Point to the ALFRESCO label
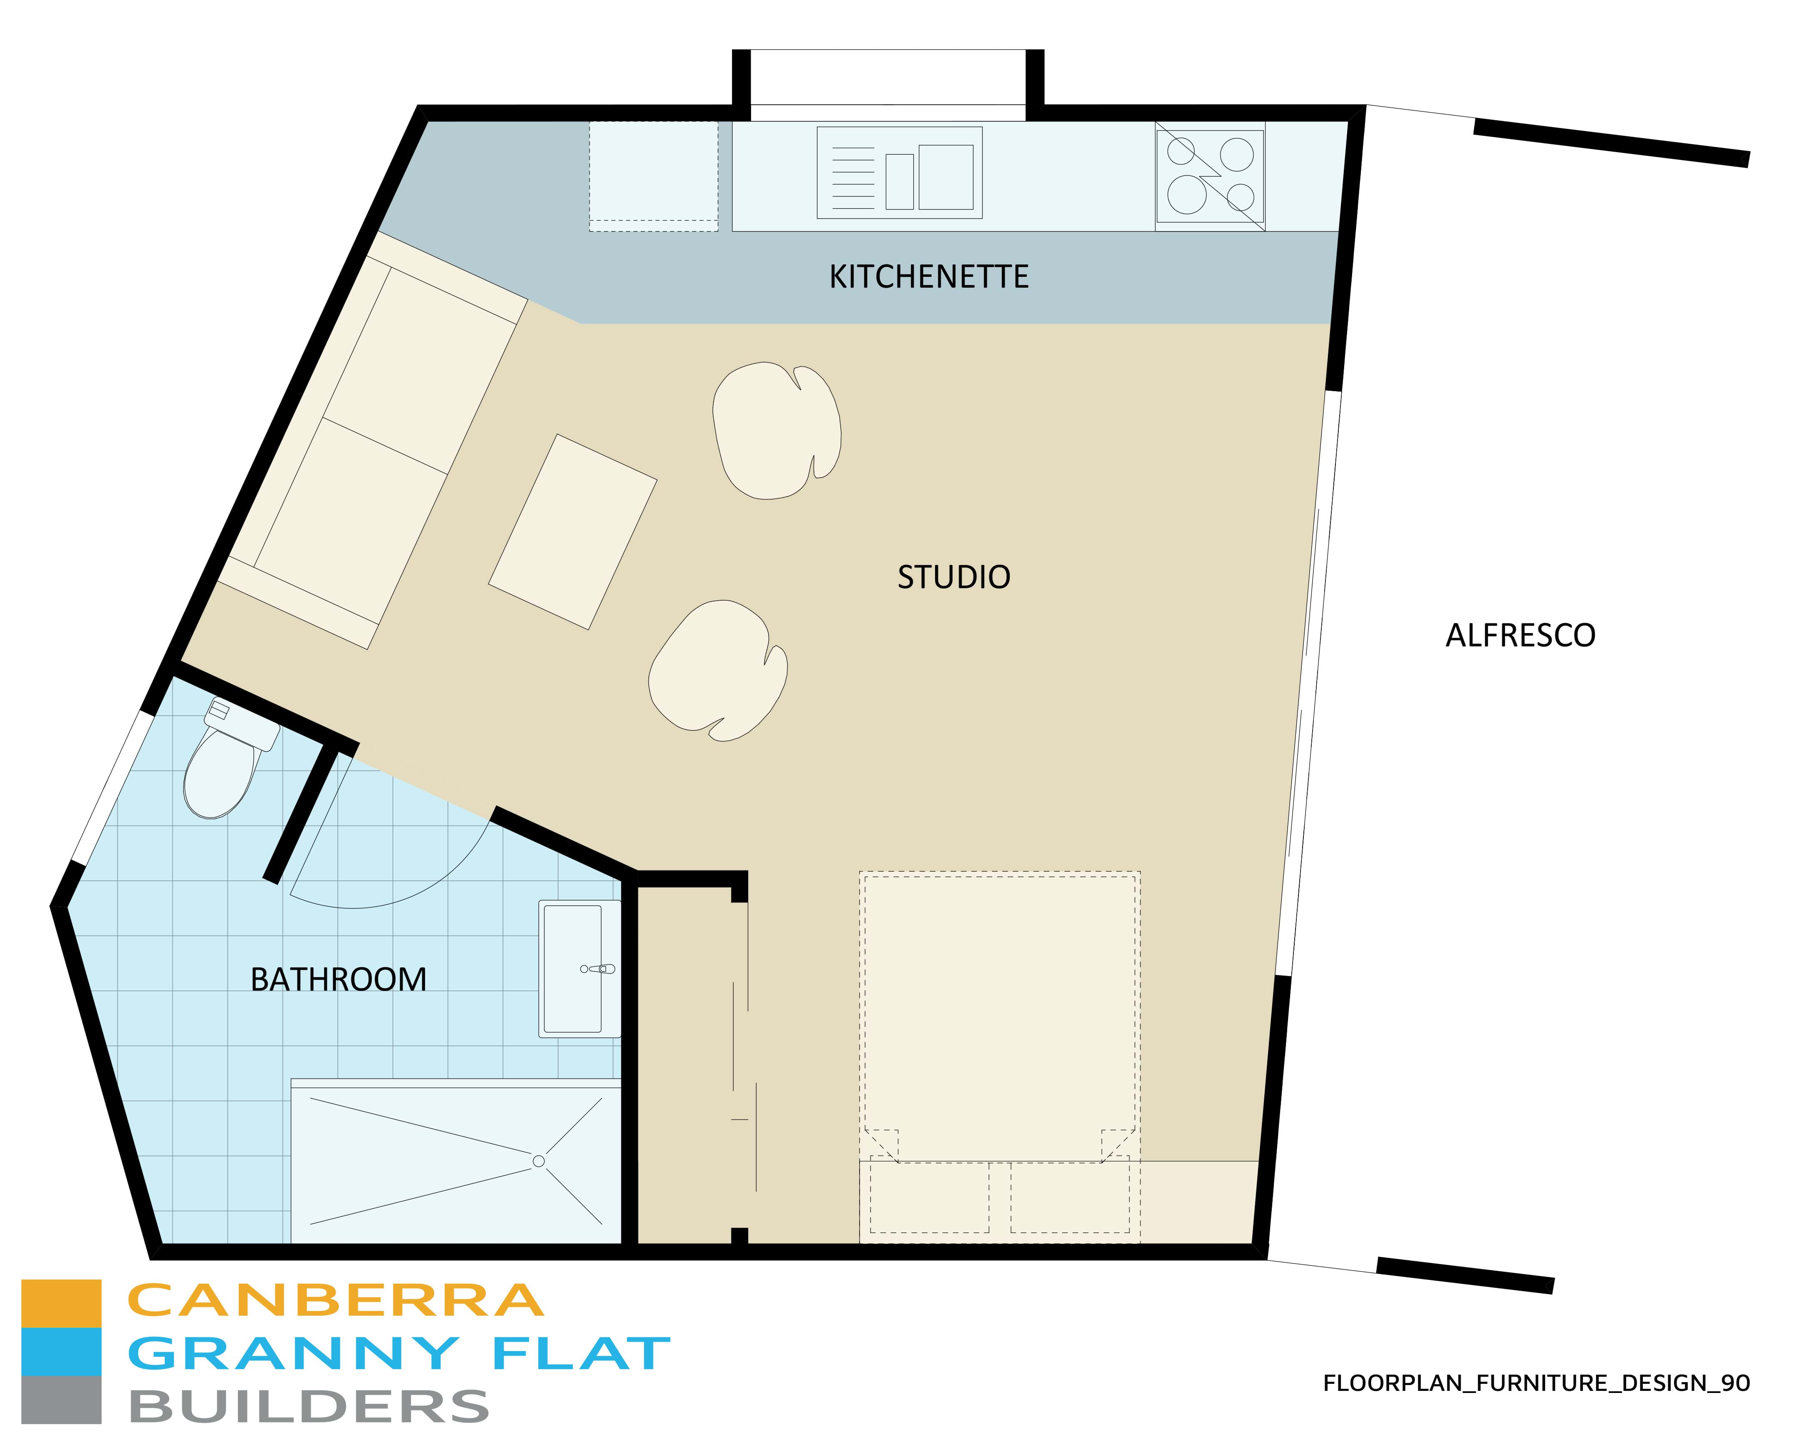[1521, 636]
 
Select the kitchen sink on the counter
[899, 173]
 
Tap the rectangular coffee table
[573, 532]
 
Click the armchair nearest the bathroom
[718, 670]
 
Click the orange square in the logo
[61, 1304]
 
